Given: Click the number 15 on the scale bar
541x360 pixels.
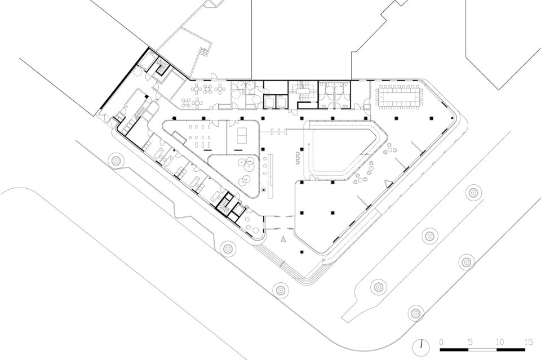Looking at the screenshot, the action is pos(528,342).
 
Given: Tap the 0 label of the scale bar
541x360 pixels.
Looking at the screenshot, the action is pos(442,342).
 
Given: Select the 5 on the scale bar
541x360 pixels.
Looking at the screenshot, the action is pos(470,342).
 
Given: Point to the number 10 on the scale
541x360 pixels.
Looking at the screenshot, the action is pos(500,342).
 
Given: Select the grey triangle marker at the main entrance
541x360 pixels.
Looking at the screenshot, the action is pos(283,239).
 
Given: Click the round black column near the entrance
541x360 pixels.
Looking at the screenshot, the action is pos(302,252).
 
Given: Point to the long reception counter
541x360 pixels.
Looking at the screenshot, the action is pos(271,176).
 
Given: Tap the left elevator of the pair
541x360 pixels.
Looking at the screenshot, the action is pos(269,101).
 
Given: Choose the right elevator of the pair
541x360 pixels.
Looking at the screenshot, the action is pos(282,101).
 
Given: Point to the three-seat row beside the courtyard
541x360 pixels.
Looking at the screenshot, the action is pos(298,158).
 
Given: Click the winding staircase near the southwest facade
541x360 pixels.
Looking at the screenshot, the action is pos(224,206).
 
